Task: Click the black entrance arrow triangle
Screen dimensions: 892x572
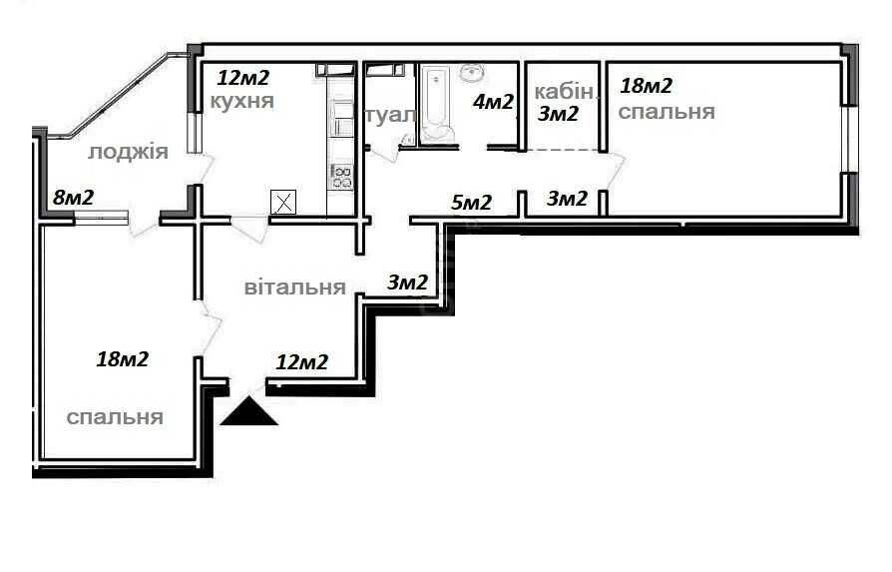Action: point(248,412)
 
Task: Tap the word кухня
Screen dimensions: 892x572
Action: point(242,101)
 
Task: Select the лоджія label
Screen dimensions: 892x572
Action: point(128,152)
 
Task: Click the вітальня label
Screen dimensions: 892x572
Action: point(294,286)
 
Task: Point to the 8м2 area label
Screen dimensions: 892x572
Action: point(74,198)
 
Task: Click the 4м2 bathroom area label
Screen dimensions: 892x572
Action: point(493,102)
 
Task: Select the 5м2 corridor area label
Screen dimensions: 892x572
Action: point(471,202)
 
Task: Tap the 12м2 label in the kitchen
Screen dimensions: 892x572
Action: point(242,77)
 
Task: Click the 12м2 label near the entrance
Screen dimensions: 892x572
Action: point(302,362)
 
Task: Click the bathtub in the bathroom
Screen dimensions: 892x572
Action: point(436,103)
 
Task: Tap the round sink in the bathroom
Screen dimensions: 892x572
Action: point(472,74)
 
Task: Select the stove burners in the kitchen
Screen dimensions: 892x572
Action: point(342,176)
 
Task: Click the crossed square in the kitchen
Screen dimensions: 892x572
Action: point(283,202)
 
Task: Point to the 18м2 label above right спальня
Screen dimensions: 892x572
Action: point(647,86)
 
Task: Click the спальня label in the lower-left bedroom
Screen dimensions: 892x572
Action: point(115,417)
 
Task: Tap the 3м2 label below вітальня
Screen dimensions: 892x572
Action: point(407,283)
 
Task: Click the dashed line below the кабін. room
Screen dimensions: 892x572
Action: point(562,151)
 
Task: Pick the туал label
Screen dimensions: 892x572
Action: point(390,116)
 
